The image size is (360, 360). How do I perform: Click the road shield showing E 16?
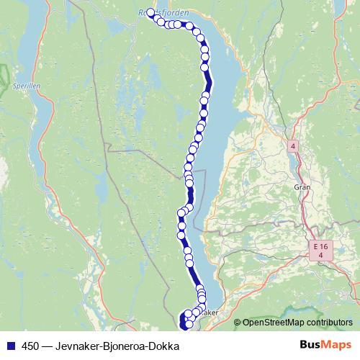click(321, 247)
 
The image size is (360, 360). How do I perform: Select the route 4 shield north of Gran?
click(293, 146)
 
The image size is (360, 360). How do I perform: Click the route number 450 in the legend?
click(30, 346)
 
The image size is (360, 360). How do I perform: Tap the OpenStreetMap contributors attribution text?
click(297, 323)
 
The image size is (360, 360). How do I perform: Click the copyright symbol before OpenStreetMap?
click(238, 323)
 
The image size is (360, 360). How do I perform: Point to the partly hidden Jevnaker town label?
click(207, 313)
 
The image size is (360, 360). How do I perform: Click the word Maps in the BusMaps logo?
click(336, 346)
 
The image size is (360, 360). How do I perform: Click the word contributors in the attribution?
click(330, 323)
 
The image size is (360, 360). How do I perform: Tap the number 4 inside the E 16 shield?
click(321, 256)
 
